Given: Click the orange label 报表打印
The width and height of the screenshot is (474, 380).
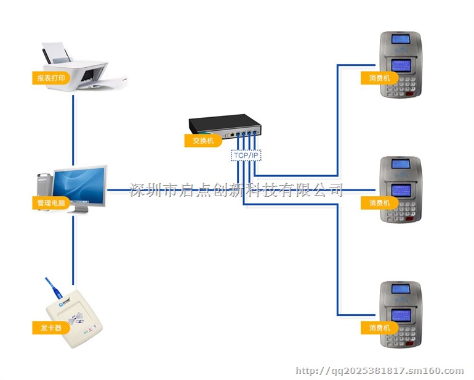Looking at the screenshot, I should point(50,78).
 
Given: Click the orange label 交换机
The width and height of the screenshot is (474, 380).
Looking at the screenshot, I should point(203,141).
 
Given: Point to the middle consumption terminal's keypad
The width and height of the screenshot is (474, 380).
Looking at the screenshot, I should point(401,210).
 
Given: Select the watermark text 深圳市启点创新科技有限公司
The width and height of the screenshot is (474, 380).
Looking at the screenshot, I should point(236,189).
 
